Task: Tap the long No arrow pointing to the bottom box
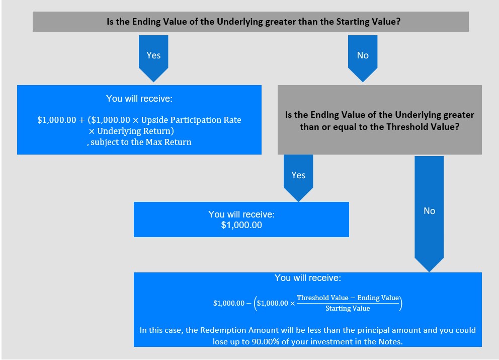pyautogui.click(x=429, y=214)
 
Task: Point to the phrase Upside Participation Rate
pyautogui.click(x=191, y=120)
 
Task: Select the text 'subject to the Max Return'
pyautogui.click(x=141, y=142)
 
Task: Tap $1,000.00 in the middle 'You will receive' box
pyautogui.click(x=241, y=225)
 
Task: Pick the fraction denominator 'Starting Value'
pyautogui.click(x=348, y=308)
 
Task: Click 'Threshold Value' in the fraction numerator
pyautogui.click(x=322, y=298)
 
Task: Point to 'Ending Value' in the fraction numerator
pyautogui.click(x=378, y=298)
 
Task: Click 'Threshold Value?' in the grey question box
pyautogui.click(x=423, y=127)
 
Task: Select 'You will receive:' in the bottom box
pyautogui.click(x=308, y=278)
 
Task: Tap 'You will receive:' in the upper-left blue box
pyautogui.click(x=139, y=99)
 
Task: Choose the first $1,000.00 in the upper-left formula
pyautogui.click(x=57, y=120)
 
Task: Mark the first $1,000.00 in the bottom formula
pyautogui.click(x=229, y=303)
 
